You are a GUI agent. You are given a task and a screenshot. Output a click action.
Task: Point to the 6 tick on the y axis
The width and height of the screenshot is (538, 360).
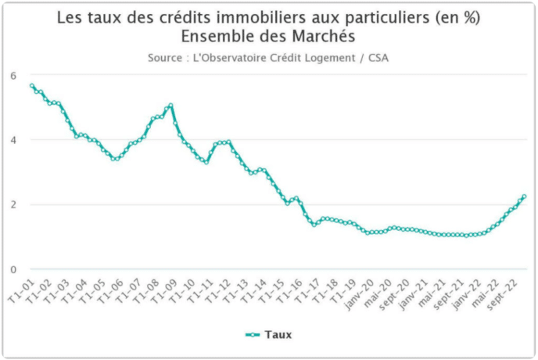click(13, 75)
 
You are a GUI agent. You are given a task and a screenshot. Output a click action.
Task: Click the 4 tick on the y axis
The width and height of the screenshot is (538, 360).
click(13, 140)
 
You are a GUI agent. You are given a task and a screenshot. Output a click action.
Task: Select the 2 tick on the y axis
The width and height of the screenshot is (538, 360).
click(13, 205)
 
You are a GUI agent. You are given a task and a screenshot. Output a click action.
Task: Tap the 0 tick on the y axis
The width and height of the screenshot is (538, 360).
click(13, 270)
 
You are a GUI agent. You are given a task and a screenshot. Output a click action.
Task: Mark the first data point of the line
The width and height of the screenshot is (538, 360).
click(31, 85)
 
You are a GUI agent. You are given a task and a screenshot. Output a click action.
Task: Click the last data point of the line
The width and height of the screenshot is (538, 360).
click(523, 196)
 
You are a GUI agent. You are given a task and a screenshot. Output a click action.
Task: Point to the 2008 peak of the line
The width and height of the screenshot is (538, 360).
click(170, 106)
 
